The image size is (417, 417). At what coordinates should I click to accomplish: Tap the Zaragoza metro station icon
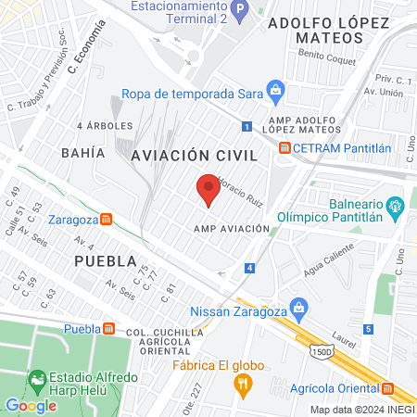tap(107, 220)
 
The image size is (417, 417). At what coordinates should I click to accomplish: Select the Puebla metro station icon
tap(109, 328)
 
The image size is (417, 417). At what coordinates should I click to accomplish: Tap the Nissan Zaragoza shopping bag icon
tap(298, 306)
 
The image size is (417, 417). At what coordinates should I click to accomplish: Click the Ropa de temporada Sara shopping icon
tap(274, 89)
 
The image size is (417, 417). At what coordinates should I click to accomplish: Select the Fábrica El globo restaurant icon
tap(243, 384)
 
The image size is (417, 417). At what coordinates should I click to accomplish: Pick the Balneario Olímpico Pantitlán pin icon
tap(396, 205)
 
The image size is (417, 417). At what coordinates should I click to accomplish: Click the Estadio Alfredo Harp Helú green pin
tap(37, 379)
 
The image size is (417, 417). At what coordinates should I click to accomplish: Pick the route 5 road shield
tap(368, 329)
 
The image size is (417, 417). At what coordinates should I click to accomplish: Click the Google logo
tap(31, 405)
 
